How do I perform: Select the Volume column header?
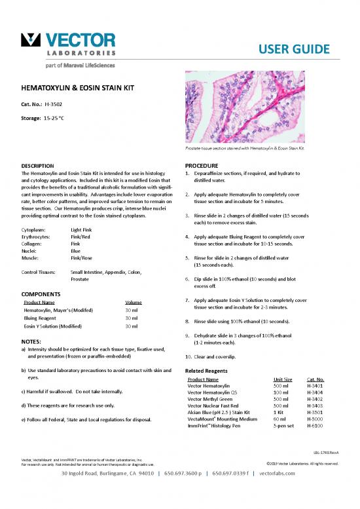134,302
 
